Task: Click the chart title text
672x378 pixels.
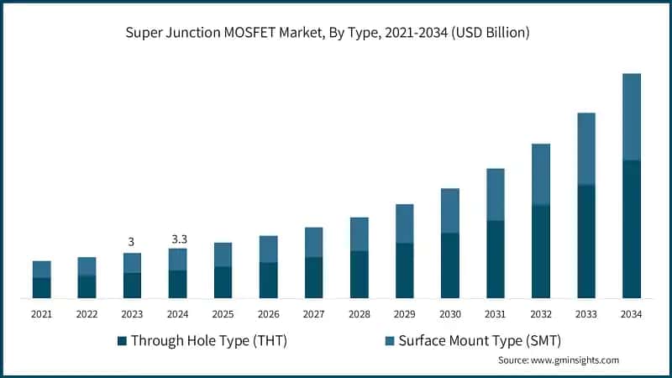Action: [336, 33]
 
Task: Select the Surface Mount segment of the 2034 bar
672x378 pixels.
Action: [631, 117]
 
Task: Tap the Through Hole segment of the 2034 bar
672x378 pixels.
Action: [631, 228]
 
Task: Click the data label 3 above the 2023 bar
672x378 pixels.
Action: [131, 242]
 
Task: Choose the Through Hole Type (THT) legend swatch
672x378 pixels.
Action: [122, 341]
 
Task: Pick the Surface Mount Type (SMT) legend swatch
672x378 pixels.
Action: [390, 341]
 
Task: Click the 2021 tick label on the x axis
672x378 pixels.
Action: [41, 314]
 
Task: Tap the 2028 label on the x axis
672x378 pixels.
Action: [359, 314]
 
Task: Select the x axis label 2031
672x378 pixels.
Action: [495, 314]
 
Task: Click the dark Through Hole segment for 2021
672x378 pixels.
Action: [41, 287]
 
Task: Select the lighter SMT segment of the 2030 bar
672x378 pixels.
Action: [449, 211]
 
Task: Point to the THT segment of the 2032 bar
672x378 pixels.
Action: [540, 251]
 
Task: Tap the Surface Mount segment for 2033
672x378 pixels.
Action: [585, 149]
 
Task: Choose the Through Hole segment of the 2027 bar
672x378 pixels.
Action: [313, 277]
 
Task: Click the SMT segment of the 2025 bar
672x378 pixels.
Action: [223, 255]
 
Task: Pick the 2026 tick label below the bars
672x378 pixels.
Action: [268, 314]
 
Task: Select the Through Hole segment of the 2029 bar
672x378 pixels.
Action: [404, 270]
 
